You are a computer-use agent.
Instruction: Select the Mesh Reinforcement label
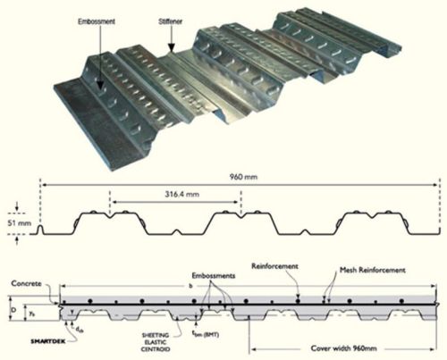pos(373,269)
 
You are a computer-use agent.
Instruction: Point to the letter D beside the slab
pos(13,308)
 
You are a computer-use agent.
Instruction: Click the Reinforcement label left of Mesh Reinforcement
pos(274,265)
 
